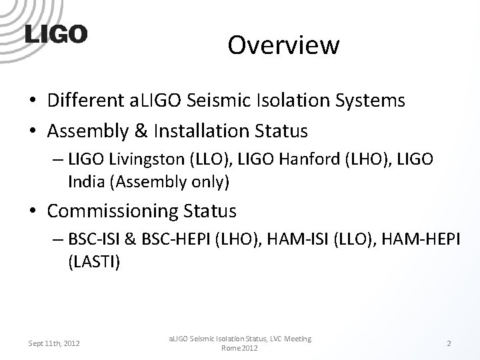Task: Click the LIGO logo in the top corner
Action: tap(56, 34)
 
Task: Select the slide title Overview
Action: tap(283, 45)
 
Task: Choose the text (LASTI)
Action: tap(94, 262)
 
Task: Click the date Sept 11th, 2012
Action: tap(54, 343)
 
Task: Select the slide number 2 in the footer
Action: tap(449, 343)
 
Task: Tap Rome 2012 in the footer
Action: tap(239, 348)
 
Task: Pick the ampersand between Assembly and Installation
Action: tap(129, 131)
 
